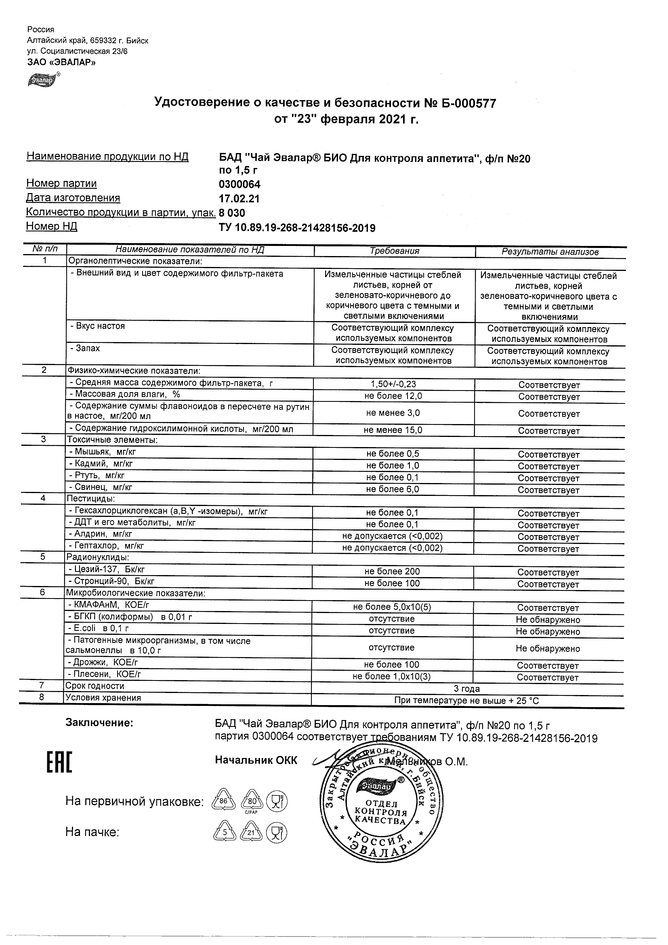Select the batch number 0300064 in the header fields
pos(239,184)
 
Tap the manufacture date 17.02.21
pos(239,199)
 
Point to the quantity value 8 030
pos(232,213)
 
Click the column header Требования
pos(394,251)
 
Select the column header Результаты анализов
pos(550,252)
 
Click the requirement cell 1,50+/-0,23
pos(393,384)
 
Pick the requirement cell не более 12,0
pos(393,396)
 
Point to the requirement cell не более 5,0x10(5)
pos(392,607)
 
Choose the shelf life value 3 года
pos(467,689)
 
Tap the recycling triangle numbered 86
pos(223,800)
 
